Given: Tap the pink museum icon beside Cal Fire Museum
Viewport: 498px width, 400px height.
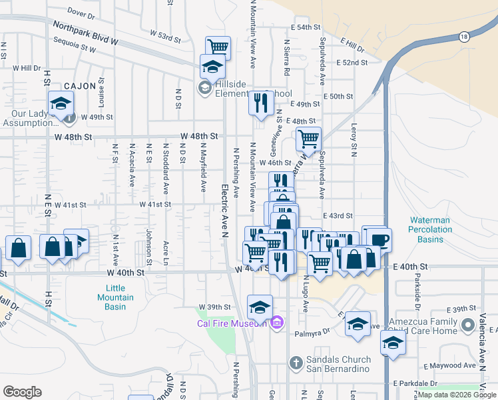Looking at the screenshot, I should [278, 324].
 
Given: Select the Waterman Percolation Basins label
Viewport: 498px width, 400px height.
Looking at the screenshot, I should [430, 229].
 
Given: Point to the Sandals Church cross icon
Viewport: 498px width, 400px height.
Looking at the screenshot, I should [297, 363].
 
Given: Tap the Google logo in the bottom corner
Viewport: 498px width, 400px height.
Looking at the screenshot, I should [22, 392].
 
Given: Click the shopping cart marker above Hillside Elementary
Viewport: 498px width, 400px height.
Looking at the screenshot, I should [218, 47].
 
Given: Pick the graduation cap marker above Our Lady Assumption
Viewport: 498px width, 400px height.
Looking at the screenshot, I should [61, 103].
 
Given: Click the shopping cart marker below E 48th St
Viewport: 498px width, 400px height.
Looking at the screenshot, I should [308, 139].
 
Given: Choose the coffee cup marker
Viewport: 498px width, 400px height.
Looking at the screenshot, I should [379, 239].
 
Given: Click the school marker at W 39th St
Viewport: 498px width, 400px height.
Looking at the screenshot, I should [260, 307].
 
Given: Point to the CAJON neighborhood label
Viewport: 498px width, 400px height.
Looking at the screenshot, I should [81, 86].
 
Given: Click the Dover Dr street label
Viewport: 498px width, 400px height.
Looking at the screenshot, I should [82, 13].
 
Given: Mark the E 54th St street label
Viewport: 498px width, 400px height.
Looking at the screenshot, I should [306, 28].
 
